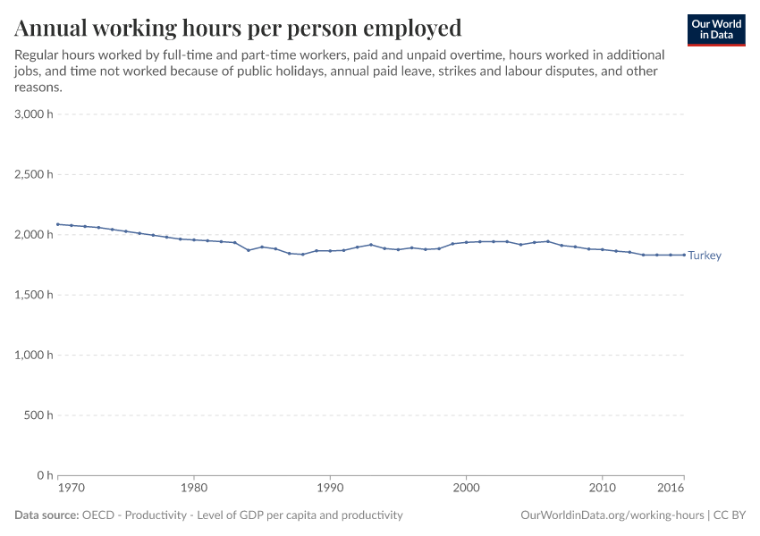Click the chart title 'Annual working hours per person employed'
tap(238, 29)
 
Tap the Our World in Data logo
tap(715, 29)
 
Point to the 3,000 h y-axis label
tap(34, 114)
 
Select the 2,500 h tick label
tap(34, 174)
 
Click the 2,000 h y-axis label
tap(34, 234)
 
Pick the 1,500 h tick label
tap(34, 295)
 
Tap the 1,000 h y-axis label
tap(34, 355)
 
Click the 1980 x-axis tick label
tap(194, 490)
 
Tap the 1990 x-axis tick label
tap(330, 490)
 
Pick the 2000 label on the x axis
tap(466, 490)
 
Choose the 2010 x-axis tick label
tap(603, 490)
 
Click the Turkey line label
tap(705, 255)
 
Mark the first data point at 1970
tap(58, 224)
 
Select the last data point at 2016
tap(684, 255)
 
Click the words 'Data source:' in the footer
tap(46, 515)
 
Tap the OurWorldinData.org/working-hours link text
tap(612, 515)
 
